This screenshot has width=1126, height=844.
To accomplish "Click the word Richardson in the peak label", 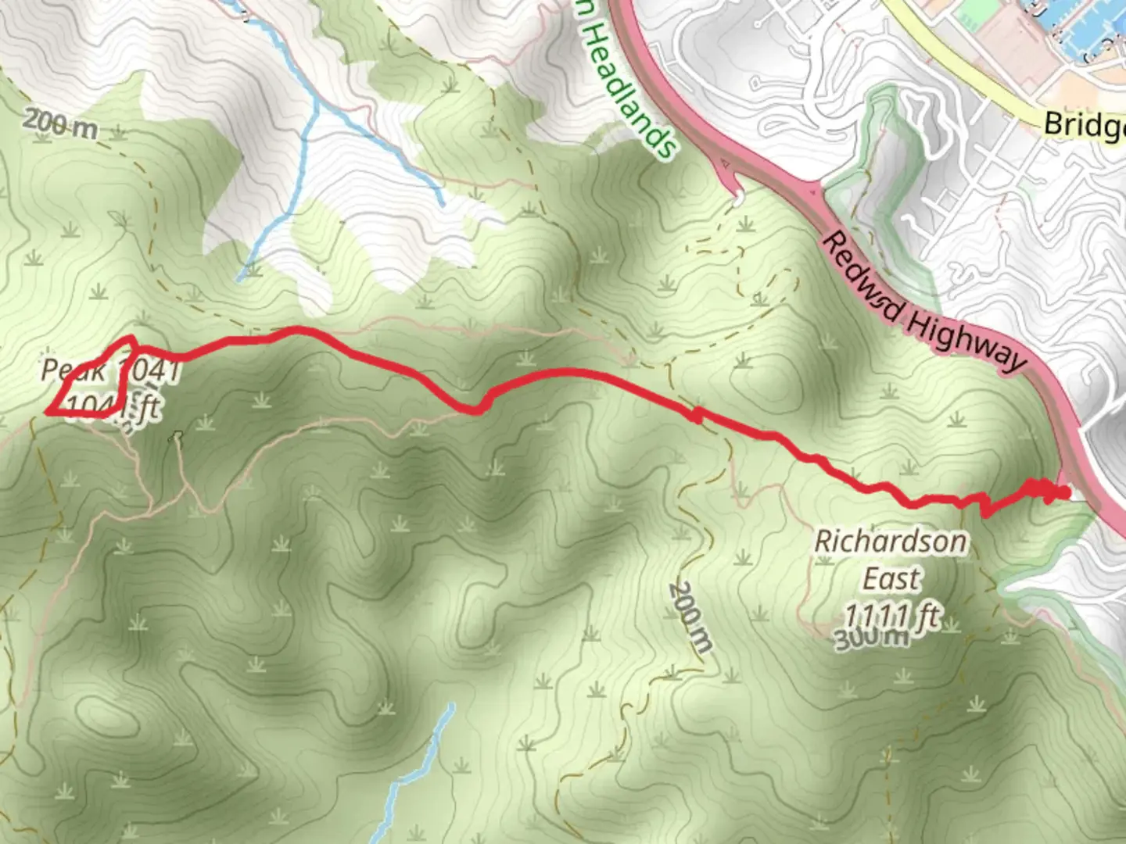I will pyautogui.click(x=890, y=541).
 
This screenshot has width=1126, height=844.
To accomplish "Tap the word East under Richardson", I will pyautogui.click(x=891, y=579).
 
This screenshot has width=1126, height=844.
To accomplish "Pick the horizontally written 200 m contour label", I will pyautogui.click(x=60, y=123).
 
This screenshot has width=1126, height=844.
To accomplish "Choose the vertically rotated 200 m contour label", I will pyautogui.click(x=691, y=617).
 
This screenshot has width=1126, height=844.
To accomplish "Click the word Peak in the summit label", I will pyautogui.click(x=73, y=370).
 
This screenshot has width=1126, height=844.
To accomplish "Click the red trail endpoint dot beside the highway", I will pyautogui.click(x=1063, y=492).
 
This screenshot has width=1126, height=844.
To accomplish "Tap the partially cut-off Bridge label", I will pyautogui.click(x=1084, y=124).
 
